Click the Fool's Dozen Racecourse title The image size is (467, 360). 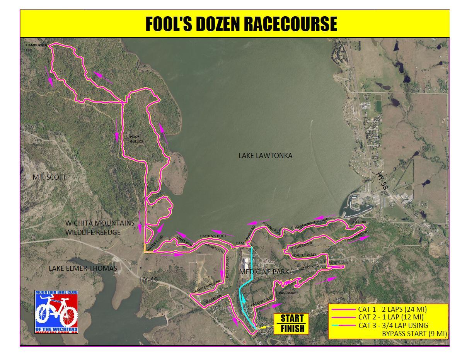point(241,24)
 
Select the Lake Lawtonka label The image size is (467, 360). point(265,156)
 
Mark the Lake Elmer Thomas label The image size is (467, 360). point(83,268)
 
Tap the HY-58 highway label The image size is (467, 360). point(383,180)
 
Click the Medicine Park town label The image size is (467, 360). point(264,272)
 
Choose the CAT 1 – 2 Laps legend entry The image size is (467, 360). point(392,309)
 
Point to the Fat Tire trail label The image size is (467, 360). point(360,222)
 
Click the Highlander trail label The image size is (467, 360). point(302,246)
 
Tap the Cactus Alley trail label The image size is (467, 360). point(305,255)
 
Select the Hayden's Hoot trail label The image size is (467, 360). point(213,236)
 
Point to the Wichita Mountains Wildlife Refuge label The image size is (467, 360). point(100,228)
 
